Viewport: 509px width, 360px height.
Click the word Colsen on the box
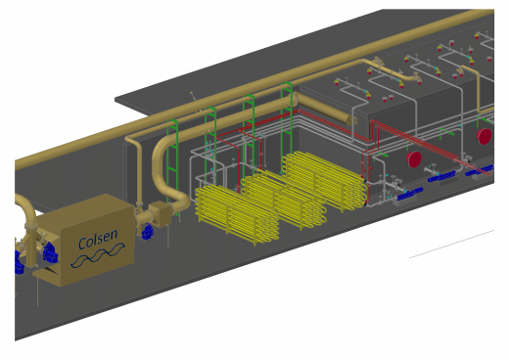[x=98, y=239]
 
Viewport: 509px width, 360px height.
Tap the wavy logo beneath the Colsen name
[x=98, y=256]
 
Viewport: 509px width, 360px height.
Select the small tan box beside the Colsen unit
[x=160, y=213]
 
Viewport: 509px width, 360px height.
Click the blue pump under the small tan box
[x=148, y=232]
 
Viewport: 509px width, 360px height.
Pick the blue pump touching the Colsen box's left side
[x=50, y=252]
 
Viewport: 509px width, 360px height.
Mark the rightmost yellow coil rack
[x=325, y=180]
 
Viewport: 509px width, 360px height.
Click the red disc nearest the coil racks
[x=414, y=159]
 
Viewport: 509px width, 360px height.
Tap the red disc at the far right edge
[x=484, y=136]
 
